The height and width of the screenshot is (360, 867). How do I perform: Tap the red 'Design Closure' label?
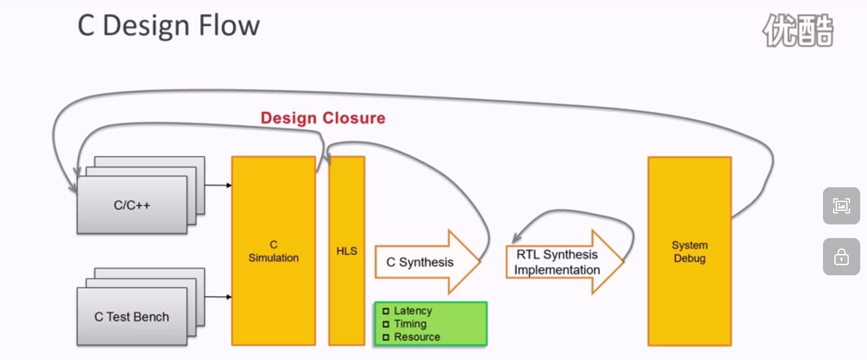pos(323,118)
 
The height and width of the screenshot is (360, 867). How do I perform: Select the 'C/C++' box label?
pos(132,205)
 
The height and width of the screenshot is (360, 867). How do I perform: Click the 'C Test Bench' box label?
pos(132,317)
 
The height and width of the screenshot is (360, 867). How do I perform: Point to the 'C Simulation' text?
pos(273,251)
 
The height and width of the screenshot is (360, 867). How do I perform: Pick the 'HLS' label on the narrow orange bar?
pos(347,251)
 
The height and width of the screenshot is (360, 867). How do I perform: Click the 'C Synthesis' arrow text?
pos(420,262)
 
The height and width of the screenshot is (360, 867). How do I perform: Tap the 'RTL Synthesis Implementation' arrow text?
pos(557,262)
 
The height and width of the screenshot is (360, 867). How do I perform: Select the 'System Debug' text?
pos(690,252)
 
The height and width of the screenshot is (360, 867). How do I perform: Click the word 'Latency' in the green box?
pos(413,310)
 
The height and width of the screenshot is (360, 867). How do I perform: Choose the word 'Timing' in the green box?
pos(410,324)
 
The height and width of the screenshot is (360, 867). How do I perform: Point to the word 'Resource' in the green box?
pos(417,337)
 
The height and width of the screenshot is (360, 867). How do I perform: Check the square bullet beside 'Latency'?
pos(386,311)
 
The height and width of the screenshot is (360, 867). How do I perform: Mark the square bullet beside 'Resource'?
pos(386,338)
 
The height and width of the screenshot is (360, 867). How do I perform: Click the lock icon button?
pos(841,257)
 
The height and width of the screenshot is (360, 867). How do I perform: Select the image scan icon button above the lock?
pos(841,206)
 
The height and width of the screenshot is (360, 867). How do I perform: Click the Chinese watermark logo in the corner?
pos(798,30)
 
